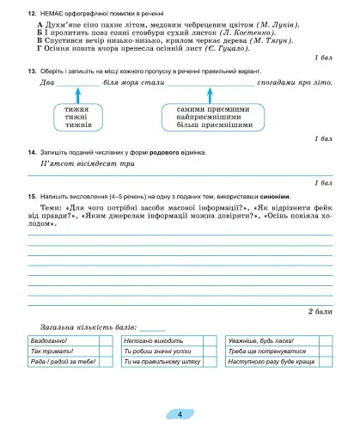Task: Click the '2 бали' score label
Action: pos(319,312)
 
